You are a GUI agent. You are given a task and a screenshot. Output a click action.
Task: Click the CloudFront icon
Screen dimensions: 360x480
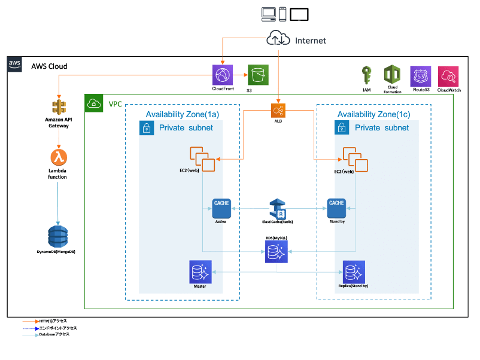click(x=223, y=75)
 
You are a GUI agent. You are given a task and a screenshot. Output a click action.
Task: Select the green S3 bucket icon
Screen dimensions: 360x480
click(x=258, y=75)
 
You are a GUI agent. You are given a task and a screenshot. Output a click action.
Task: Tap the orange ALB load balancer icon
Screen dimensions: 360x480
click(x=277, y=111)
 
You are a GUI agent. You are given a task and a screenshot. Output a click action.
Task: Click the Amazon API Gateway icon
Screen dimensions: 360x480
click(x=58, y=106)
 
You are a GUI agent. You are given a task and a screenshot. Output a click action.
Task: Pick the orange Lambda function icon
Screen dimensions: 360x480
click(x=58, y=158)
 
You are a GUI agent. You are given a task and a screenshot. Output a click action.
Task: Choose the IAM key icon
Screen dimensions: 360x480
click(x=367, y=75)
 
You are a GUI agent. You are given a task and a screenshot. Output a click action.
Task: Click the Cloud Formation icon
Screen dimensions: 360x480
click(x=393, y=75)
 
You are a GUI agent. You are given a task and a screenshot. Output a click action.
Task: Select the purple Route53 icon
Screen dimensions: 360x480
click(x=420, y=76)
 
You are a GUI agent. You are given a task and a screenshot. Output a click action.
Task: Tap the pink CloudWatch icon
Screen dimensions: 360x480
click(x=448, y=76)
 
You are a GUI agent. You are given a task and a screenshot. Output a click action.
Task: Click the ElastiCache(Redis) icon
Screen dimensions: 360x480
click(x=278, y=208)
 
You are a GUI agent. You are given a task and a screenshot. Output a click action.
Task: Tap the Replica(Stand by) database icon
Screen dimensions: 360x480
click(x=352, y=272)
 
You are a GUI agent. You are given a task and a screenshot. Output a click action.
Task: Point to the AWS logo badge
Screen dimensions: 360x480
click(x=15, y=65)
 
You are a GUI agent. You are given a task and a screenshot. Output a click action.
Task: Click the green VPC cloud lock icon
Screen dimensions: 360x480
click(x=93, y=103)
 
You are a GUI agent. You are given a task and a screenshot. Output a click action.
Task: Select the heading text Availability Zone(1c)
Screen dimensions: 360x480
click(x=373, y=114)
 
